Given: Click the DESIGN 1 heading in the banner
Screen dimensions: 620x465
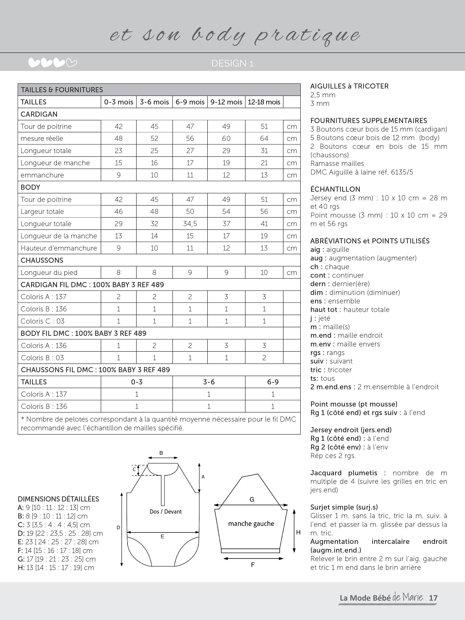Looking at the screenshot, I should pyautogui.click(x=232, y=63).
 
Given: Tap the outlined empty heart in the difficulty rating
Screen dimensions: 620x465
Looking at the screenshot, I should pyautogui.click(x=72, y=63).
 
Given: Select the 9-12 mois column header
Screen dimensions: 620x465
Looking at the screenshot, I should pyautogui.click(x=226, y=102).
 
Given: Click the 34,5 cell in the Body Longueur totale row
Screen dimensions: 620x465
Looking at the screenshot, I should pyautogui.click(x=190, y=224).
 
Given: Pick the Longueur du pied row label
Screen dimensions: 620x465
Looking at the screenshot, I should pyautogui.click(x=49, y=273).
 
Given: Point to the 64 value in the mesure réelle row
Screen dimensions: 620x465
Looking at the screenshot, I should pyautogui.click(x=264, y=139).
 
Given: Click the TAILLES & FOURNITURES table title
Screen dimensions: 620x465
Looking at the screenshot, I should pyautogui.click(x=62, y=90).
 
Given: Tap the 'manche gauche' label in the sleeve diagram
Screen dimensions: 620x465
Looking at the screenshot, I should pyautogui.click(x=251, y=523).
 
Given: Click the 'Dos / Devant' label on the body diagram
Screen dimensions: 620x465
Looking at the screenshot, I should pyautogui.click(x=166, y=511).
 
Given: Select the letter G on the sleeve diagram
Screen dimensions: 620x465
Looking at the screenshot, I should pyautogui.click(x=252, y=499).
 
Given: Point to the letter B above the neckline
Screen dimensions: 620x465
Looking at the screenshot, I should pyautogui.click(x=161, y=453).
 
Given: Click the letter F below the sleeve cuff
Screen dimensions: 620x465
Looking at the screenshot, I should pyautogui.click(x=253, y=565).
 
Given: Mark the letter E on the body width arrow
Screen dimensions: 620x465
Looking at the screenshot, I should pyautogui.click(x=162, y=536).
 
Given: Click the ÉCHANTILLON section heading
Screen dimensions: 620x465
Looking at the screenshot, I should pyautogui.click(x=335, y=189).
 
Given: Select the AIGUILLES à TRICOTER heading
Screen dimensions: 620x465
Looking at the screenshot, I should pyautogui.click(x=349, y=86).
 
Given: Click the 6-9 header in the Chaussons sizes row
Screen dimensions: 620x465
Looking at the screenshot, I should pyautogui.click(x=273, y=382).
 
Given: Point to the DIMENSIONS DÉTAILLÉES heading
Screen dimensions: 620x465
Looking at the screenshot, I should pyautogui.click(x=58, y=499).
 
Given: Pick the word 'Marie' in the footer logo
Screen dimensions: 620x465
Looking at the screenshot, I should pyautogui.click(x=413, y=597).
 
